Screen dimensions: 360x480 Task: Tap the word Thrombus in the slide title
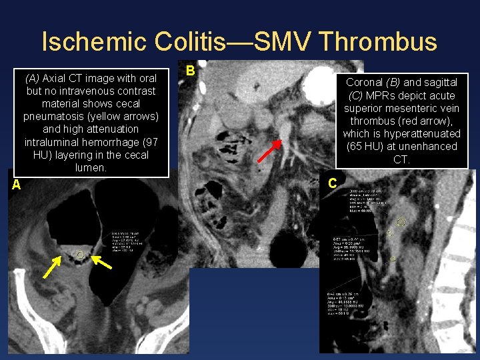(379, 41)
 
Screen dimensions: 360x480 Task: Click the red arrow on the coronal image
(269, 151)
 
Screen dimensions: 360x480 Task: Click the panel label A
(16, 185)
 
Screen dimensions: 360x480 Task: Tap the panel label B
(190, 71)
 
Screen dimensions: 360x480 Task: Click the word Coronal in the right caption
(365, 83)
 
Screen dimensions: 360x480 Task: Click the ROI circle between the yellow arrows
(81, 255)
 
